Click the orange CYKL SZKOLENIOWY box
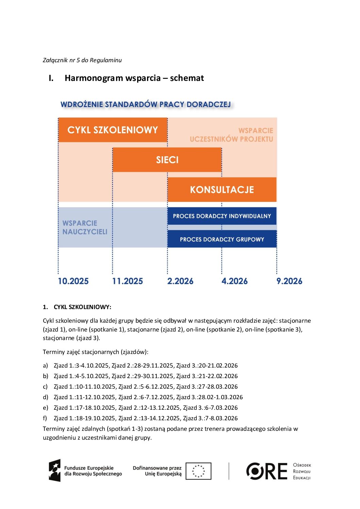[113, 130]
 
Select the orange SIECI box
[167, 160]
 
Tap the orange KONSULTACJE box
[222, 189]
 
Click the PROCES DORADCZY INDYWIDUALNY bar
[222, 216]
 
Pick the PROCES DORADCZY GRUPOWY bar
[222, 239]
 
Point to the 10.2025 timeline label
[73, 281]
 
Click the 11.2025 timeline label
[128, 281]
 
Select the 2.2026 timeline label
[180, 281]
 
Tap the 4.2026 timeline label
[234, 281]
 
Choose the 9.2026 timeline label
[289, 281]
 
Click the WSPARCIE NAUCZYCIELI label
[85, 227]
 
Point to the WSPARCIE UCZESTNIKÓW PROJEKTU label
[231, 135]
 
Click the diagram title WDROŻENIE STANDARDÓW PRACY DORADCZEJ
[146, 104]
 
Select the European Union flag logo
[198, 471]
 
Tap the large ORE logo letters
[267, 471]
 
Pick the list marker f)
[45, 418]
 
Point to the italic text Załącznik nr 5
[61, 60]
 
